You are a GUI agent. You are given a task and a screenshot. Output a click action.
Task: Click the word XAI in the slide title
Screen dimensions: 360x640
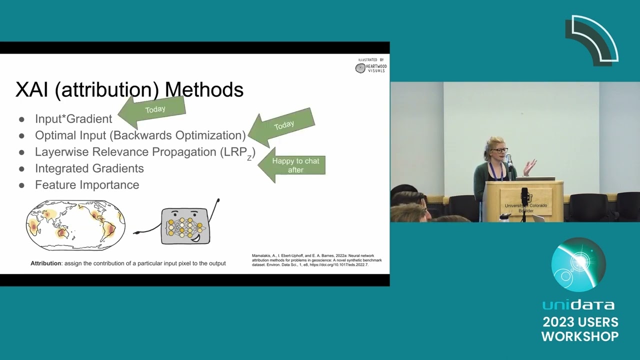(32, 89)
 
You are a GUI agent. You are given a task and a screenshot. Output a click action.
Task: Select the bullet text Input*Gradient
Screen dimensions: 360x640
(73, 119)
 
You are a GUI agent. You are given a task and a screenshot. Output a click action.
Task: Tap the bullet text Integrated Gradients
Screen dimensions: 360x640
(89, 168)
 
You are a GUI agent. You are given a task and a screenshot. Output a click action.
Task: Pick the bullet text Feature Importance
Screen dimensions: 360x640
(87, 185)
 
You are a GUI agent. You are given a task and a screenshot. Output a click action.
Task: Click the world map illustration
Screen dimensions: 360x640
(75, 225)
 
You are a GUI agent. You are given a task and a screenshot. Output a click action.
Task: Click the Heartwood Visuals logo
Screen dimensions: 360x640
(371, 66)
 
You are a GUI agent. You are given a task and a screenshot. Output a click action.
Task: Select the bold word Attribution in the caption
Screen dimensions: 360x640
(45, 263)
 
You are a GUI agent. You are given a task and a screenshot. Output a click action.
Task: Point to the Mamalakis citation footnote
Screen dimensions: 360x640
(316, 260)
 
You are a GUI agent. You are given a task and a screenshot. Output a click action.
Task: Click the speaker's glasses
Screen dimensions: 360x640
(499, 150)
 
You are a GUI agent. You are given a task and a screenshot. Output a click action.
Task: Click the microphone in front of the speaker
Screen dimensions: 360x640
(508, 160)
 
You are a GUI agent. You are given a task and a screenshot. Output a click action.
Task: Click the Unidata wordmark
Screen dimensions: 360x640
(578, 304)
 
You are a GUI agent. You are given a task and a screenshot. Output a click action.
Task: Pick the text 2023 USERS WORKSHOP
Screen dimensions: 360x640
(580, 329)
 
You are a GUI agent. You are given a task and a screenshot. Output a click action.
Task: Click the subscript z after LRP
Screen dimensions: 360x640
(249, 158)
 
